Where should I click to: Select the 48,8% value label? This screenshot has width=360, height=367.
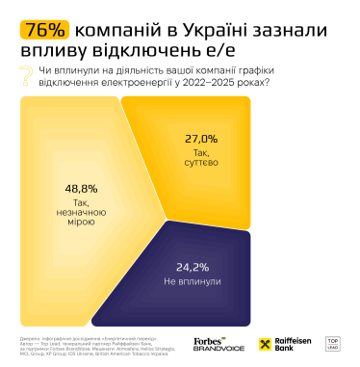point(80,189)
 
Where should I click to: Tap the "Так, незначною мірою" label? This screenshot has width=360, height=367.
point(80,213)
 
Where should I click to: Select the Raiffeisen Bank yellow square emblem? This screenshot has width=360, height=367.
point(269,343)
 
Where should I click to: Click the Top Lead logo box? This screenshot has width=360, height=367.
point(337,343)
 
